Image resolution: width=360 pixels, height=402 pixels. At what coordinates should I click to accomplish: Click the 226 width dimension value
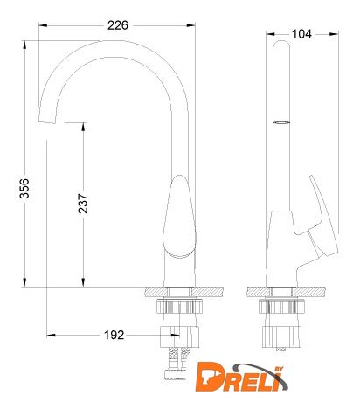point(118,25)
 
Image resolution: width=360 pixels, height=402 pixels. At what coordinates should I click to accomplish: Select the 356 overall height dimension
point(24,189)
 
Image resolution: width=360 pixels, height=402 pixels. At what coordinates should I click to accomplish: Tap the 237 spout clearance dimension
point(83,204)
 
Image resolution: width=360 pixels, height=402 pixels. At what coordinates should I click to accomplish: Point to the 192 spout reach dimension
point(114,335)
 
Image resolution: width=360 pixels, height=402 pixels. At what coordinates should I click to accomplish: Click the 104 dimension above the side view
point(301,34)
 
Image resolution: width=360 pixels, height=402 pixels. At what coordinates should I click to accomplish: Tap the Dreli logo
point(241,378)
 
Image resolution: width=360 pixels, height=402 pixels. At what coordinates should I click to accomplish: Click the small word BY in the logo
point(279,369)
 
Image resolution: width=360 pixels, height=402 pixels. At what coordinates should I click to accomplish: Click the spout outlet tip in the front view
point(47,121)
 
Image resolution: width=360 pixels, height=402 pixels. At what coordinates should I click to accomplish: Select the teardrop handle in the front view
point(179,216)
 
